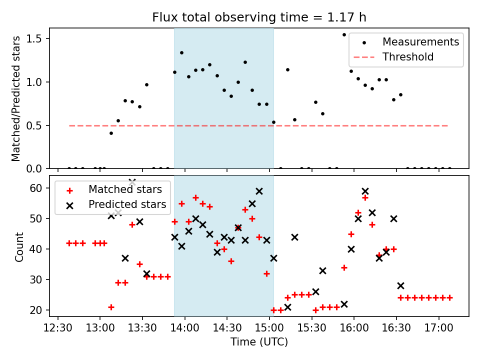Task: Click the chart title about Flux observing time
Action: coord(259,17)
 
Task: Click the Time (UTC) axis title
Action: coord(259,342)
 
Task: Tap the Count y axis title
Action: coord(19,246)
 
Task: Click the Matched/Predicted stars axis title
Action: coord(16,98)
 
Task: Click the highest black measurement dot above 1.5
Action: coord(344,34)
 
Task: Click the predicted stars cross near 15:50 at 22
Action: coord(344,304)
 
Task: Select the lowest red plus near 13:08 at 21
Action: coord(111,307)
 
